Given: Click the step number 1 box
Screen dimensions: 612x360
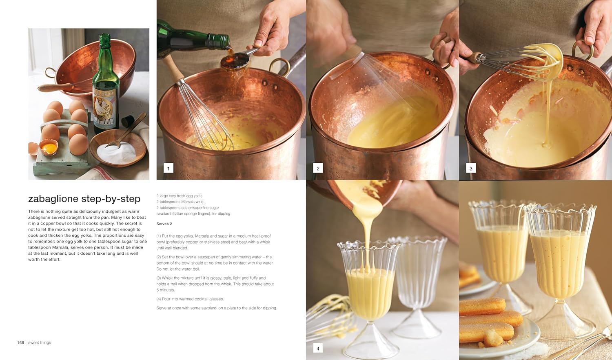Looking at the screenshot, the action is tap(168, 168).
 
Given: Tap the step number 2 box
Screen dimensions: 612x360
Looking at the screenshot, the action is tap(318, 168).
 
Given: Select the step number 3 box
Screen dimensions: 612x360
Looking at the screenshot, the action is tap(471, 168).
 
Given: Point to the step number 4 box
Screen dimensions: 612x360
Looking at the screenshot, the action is tap(318, 348).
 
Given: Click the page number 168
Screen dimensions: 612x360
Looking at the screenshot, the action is tap(20, 342).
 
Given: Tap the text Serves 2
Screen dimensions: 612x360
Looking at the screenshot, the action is tap(164, 224).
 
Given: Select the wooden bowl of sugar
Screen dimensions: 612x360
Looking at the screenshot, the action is tap(118, 148).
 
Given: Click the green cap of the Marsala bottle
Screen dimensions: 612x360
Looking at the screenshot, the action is tap(104, 39).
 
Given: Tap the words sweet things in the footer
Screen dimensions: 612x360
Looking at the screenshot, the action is tap(40, 342).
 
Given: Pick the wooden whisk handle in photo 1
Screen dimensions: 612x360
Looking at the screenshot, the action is tap(173, 68).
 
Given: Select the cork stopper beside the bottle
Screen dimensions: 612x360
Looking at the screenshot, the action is tap(128, 121).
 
